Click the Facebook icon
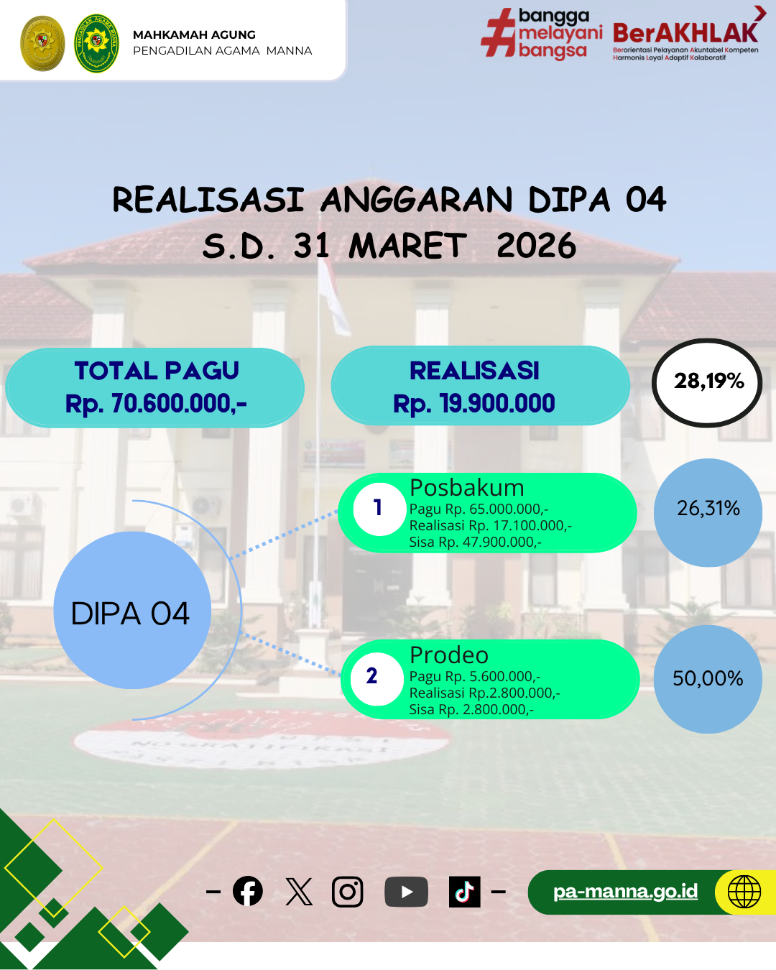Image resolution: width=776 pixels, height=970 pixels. click(x=248, y=891)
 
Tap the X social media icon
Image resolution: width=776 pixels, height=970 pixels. click(x=299, y=892)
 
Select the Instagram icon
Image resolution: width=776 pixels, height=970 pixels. click(x=347, y=892)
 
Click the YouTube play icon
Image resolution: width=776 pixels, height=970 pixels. click(x=406, y=892)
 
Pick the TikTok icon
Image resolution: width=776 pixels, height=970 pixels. click(x=464, y=892)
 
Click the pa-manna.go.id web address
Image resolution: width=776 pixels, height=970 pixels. click(x=625, y=891)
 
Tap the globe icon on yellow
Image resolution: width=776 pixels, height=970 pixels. click(x=744, y=892)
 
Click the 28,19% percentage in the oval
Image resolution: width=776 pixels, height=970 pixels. click(x=708, y=382)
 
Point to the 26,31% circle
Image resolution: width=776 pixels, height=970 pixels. click(x=708, y=512)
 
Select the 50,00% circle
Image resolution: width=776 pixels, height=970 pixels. click(x=708, y=679)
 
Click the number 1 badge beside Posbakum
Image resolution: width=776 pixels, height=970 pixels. click(x=379, y=509)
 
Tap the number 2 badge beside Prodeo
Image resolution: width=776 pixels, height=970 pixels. click(x=377, y=679)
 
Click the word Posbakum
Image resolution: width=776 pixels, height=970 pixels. click(x=467, y=488)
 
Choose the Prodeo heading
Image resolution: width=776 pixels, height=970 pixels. click(x=448, y=655)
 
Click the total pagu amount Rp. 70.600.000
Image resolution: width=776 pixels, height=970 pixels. click(x=156, y=403)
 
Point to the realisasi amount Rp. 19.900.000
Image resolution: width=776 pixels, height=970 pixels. click(x=474, y=403)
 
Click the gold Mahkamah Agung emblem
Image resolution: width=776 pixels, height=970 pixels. click(x=43, y=43)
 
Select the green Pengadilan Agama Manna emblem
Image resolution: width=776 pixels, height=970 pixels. click(x=96, y=43)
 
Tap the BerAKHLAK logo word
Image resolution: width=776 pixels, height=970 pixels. click(x=685, y=32)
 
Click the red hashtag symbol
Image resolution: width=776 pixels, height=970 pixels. click(x=499, y=32)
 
